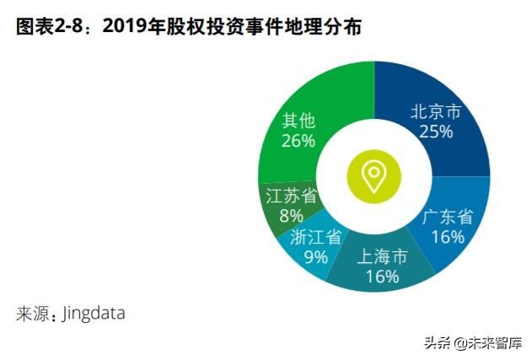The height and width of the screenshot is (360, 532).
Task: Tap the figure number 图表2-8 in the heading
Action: coord(52,27)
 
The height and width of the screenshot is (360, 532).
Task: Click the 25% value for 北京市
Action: coord(436,132)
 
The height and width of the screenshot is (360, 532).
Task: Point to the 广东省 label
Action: coord(447,217)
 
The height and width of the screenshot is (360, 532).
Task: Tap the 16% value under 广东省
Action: coord(448,237)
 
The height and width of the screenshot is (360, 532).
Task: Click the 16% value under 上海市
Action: coord(382,276)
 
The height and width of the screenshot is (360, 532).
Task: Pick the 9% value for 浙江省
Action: coord(315,257)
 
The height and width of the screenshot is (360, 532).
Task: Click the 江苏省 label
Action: coord(290,196)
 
